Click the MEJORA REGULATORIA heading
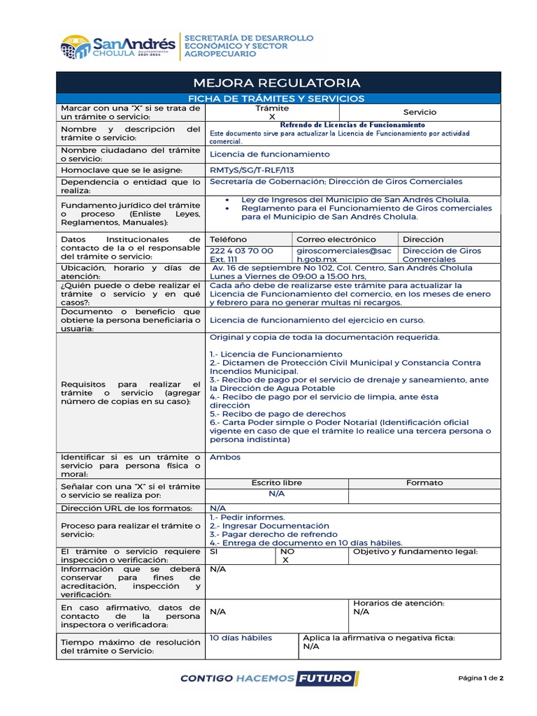pyautogui.click(x=278, y=82)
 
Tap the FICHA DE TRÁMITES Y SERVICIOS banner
pyautogui.click(x=278, y=99)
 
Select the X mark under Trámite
pyautogui.click(x=272, y=117)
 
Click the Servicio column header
pyautogui.click(x=420, y=112)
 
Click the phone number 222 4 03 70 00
pyautogui.click(x=241, y=250)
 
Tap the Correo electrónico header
pyautogui.click(x=336, y=239)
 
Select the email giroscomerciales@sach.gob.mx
pyautogui.click(x=344, y=255)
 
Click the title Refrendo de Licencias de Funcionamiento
pyautogui.click(x=352, y=124)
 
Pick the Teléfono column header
pyautogui.click(x=228, y=239)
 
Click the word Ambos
pyautogui.click(x=225, y=457)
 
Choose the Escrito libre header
pyautogui.click(x=276, y=482)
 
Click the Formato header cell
pyautogui.click(x=424, y=482)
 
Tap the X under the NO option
pyautogui.click(x=285, y=560)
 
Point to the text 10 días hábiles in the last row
pyautogui.click(x=241, y=638)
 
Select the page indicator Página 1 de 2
pyautogui.click(x=481, y=678)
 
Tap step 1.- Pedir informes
pyautogui.click(x=238, y=517)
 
